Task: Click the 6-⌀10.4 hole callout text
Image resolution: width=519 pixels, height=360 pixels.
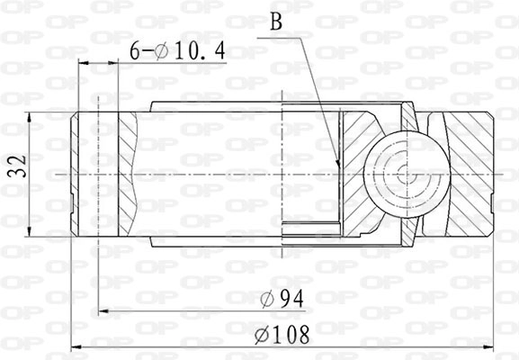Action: (x=178, y=52)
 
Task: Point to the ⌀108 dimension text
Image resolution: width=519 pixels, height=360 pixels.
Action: (x=282, y=335)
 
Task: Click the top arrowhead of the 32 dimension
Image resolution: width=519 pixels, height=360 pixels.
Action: (x=31, y=115)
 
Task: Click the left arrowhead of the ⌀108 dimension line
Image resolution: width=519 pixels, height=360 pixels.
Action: (x=75, y=346)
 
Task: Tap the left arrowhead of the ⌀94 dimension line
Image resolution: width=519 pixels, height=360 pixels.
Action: (x=102, y=310)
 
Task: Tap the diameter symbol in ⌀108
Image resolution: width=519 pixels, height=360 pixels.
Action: (x=262, y=335)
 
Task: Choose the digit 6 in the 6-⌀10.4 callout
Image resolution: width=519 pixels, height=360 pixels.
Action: (x=135, y=52)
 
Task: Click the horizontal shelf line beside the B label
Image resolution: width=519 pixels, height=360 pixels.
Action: (x=285, y=38)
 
